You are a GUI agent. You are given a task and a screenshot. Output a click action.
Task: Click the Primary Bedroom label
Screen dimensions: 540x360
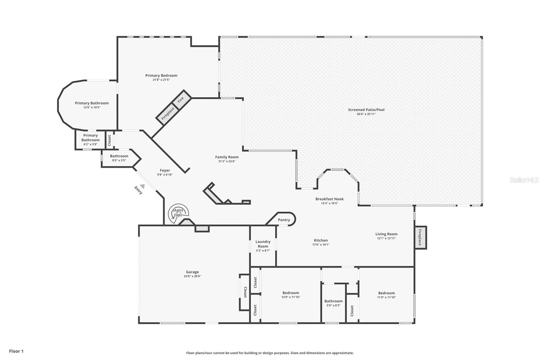point(161,76)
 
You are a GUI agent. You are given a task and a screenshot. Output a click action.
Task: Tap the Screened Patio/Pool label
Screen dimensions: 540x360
point(366,110)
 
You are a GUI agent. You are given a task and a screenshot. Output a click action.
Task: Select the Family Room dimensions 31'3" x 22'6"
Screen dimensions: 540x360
point(226,161)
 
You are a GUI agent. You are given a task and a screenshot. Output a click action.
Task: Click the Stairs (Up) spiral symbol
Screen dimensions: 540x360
point(178,214)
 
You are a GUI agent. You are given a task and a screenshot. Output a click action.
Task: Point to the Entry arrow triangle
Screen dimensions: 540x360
point(142,186)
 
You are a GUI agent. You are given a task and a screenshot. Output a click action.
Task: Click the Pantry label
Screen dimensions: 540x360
point(284,220)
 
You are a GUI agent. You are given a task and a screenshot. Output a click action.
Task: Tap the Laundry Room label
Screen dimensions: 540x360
point(263,244)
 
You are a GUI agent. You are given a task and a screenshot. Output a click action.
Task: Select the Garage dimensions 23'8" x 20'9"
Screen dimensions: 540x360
point(192,276)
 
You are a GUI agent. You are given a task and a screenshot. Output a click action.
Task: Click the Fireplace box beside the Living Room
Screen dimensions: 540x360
point(421,237)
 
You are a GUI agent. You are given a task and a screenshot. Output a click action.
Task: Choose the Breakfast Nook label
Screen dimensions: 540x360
point(329,199)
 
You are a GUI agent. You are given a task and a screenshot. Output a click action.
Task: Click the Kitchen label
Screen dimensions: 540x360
point(321,240)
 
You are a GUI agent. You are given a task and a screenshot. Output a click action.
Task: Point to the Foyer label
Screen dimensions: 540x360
point(165,170)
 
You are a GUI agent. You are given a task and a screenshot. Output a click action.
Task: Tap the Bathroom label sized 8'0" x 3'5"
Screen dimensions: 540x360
point(119,156)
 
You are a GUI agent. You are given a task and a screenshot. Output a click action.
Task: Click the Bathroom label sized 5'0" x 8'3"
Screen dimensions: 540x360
point(333,301)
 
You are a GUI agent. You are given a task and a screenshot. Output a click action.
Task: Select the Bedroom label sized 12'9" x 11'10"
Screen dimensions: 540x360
point(291,293)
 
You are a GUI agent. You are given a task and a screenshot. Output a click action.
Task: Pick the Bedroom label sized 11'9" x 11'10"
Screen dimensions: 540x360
point(386,293)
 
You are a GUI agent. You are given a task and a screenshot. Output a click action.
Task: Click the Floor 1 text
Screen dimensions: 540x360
point(16,351)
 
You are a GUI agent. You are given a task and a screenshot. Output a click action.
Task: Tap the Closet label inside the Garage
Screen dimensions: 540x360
point(245,292)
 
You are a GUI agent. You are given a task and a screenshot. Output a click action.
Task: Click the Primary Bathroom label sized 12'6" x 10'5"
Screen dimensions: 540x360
point(91,103)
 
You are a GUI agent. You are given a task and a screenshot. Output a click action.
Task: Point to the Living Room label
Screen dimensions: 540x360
point(386,234)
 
